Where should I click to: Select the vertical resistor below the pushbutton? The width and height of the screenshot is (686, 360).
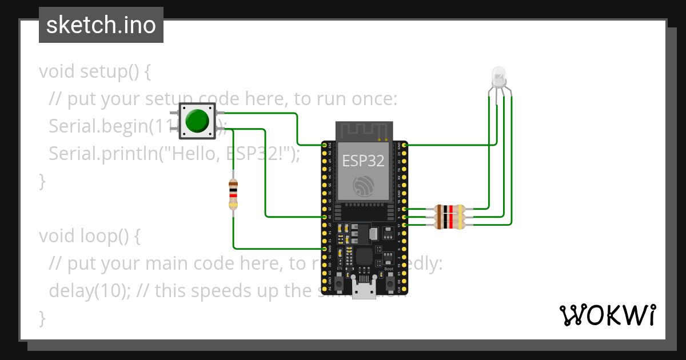(x=233, y=194)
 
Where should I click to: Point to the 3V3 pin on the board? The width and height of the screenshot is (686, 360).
(x=325, y=146)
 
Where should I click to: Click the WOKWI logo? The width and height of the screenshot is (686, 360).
(x=607, y=315)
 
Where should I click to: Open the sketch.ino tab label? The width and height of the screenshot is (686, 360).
(x=101, y=25)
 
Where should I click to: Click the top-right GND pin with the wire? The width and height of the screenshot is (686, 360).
(x=405, y=146)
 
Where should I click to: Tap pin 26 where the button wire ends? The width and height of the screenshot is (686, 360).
(x=325, y=217)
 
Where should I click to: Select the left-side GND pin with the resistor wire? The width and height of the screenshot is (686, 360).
(x=325, y=249)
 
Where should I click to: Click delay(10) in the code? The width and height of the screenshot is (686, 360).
(x=87, y=291)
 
